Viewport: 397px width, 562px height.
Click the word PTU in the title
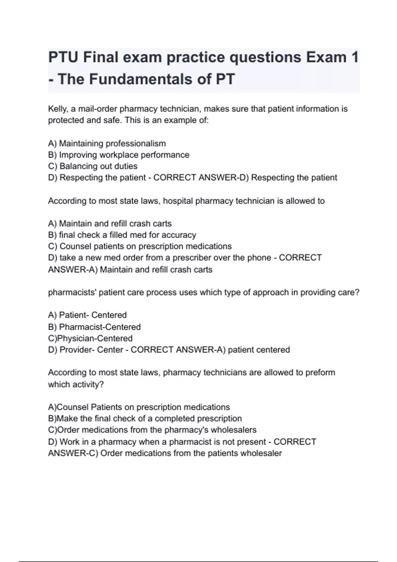(63, 57)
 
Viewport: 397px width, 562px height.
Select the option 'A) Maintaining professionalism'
(107, 143)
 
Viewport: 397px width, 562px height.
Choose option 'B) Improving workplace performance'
(118, 155)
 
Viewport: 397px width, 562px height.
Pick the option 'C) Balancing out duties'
(93, 166)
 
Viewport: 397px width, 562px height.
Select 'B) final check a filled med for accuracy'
(122, 235)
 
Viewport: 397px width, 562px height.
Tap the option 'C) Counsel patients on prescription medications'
(140, 246)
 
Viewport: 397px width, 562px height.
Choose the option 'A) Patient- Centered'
(87, 315)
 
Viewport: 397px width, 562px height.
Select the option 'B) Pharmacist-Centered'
(94, 327)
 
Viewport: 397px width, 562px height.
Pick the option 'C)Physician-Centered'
(90, 338)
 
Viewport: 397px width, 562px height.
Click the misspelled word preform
(320, 373)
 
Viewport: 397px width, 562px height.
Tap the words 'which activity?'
(76, 384)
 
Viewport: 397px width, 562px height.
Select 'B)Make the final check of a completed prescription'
(145, 419)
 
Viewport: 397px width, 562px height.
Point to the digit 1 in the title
(355, 57)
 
